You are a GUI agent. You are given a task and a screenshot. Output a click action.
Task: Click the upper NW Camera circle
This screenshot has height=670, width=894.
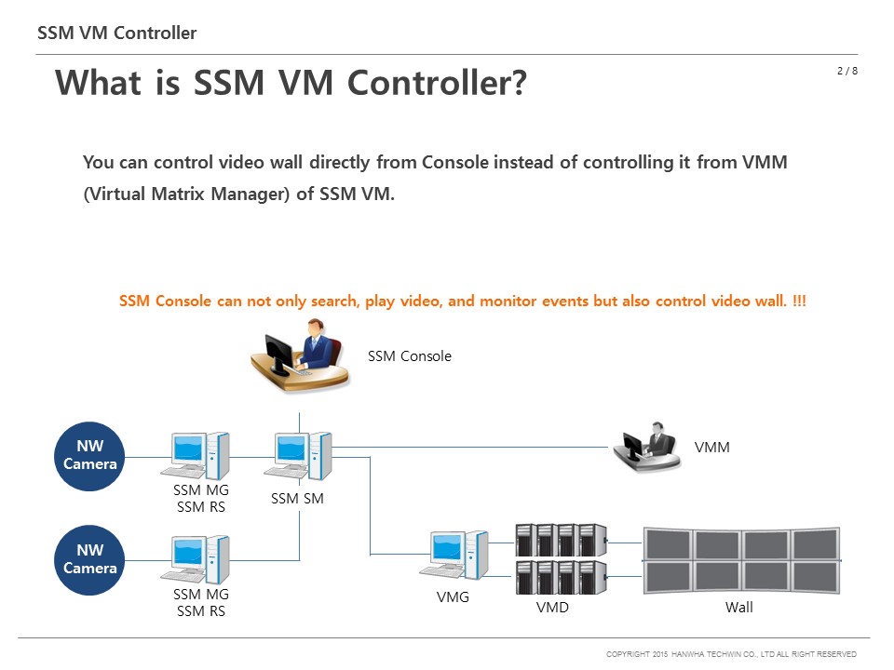point(89,456)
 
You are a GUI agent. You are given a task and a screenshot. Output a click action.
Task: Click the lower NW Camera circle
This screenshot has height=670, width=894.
point(89,560)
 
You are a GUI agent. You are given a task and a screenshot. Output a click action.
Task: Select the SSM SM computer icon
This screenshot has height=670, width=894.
point(298,456)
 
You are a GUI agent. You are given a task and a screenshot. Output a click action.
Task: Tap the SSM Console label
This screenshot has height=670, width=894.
point(410,356)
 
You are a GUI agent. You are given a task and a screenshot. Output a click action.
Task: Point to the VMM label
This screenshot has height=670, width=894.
point(712,448)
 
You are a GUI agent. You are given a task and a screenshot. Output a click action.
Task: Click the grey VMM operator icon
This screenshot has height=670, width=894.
point(647,448)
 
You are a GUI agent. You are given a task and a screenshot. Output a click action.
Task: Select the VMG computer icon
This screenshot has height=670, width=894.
point(454,555)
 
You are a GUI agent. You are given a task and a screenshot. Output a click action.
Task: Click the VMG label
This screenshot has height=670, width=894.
point(453,597)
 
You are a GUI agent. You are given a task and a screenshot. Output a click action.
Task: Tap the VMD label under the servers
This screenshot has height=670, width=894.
point(552,608)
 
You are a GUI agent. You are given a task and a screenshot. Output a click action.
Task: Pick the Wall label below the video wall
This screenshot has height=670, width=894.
point(738,608)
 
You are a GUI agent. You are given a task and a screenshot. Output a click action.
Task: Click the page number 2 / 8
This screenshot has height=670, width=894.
point(847,71)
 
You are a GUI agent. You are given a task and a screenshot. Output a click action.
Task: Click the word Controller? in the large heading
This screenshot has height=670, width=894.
point(438,83)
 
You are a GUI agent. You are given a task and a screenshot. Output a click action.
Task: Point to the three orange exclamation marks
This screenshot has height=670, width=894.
point(799,301)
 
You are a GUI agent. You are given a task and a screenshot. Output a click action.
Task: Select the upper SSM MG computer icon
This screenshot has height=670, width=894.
point(195,456)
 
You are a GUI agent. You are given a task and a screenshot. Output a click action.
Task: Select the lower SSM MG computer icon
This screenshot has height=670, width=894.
point(195,559)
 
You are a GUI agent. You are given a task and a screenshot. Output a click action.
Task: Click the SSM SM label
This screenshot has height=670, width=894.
point(297,499)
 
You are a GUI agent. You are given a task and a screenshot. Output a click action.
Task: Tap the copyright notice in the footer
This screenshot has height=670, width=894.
point(731,654)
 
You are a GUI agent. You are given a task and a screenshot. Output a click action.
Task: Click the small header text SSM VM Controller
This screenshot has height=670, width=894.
point(117,33)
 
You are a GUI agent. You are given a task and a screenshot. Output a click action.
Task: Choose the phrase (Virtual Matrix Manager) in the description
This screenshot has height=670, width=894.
point(186,194)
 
